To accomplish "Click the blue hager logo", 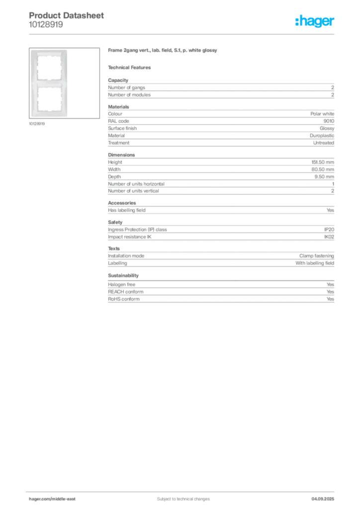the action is (x=316, y=21).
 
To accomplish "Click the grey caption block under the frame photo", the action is (x=38, y=124).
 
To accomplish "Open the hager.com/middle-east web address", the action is (x=53, y=499).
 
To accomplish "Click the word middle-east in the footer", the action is (x=65, y=499).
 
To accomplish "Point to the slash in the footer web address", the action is (x=52, y=499).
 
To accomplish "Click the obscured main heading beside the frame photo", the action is (x=163, y=52).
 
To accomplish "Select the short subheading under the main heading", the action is (x=131, y=67).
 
